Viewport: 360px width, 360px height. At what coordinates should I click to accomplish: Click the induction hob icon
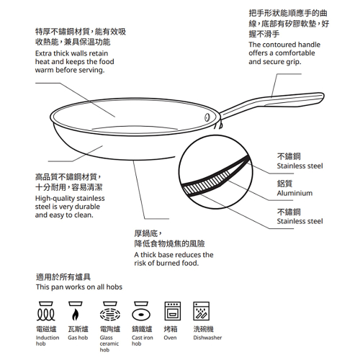[x=46, y=311]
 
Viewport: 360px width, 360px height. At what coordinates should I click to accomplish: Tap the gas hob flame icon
[x=76, y=311]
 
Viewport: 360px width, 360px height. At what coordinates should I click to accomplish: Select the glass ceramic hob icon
[x=109, y=311]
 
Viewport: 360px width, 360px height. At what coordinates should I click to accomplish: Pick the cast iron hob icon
[x=141, y=311]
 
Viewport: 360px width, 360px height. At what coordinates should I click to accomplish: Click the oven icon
[x=173, y=311]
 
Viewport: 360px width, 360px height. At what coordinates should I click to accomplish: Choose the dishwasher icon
[x=202, y=311]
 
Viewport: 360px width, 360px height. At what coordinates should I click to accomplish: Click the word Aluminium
[x=294, y=193]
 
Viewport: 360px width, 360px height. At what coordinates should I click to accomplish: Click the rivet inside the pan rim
[x=207, y=117]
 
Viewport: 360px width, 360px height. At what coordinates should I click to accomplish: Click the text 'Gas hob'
[x=78, y=338]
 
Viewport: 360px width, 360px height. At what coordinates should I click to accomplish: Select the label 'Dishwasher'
[x=207, y=338]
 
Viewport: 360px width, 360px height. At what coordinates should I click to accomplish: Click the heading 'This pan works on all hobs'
[x=79, y=287]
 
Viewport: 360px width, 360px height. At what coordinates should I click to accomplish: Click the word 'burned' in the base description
[x=168, y=263]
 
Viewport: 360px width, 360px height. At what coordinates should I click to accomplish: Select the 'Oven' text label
[x=170, y=338]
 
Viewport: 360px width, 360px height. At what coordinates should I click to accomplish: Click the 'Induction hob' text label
[x=48, y=341]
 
